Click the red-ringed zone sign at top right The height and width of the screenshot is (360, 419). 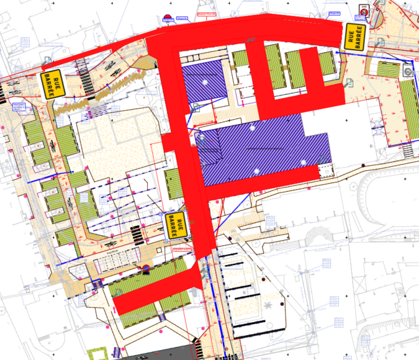[364, 11]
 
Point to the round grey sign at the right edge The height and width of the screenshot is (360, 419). [408, 71]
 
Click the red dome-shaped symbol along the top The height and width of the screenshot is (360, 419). [167, 17]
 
